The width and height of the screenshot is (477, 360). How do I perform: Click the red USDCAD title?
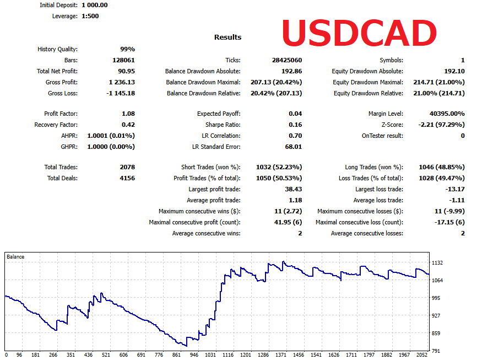[x=359, y=34]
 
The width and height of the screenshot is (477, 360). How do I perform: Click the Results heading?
[x=227, y=37]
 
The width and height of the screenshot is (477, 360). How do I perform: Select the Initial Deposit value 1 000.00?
[x=94, y=5]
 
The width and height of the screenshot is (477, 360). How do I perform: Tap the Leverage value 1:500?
[x=90, y=16]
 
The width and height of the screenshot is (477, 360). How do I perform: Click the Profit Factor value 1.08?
[x=128, y=114]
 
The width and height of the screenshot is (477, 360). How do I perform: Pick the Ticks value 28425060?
[x=286, y=60]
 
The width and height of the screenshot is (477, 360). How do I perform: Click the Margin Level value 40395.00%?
[x=447, y=114]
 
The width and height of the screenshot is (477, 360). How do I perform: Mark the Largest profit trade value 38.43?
[x=292, y=189]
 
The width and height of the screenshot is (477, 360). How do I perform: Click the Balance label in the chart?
[x=15, y=257]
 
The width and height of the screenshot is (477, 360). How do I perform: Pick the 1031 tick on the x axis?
[x=210, y=355]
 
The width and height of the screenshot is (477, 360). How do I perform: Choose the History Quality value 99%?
[x=127, y=49]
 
